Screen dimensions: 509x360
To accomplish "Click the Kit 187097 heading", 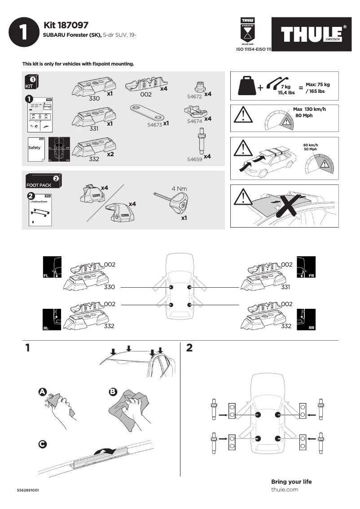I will (x=66, y=25).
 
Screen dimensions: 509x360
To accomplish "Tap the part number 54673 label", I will (x=154, y=124).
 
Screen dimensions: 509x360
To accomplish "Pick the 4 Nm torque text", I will (x=179, y=189).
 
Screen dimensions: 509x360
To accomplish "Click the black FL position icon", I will (x=52, y=268).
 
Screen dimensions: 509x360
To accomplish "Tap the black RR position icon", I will (x=306, y=320).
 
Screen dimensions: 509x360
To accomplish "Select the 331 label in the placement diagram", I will (x=286, y=287).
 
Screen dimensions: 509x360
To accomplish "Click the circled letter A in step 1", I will (x=43, y=392).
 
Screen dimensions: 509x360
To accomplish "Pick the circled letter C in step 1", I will (x=42, y=444).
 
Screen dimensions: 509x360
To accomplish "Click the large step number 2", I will (x=189, y=348).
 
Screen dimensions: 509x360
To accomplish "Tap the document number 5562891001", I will (x=28, y=490).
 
